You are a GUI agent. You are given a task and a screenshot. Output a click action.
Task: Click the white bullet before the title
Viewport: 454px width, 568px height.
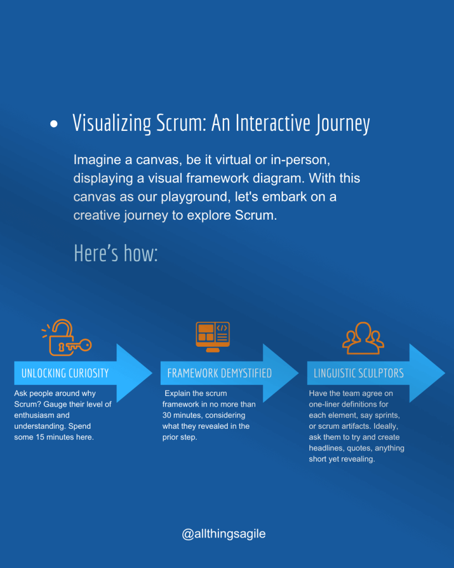click(54, 124)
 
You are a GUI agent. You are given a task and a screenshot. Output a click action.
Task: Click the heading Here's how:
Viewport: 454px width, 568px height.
click(116, 253)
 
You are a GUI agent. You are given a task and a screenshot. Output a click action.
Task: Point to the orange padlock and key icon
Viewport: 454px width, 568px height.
click(67, 338)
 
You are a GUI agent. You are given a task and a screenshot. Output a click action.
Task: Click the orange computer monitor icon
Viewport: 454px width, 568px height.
click(213, 337)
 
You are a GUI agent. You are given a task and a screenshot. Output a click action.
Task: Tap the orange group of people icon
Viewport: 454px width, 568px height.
click(363, 338)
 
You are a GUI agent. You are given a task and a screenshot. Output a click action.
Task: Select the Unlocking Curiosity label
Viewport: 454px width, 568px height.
click(65, 373)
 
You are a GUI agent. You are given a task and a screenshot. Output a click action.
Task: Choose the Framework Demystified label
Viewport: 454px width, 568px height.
click(220, 373)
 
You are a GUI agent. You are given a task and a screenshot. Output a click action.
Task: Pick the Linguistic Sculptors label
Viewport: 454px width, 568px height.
click(359, 373)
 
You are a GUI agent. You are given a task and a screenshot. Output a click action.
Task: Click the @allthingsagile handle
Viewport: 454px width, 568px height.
click(224, 534)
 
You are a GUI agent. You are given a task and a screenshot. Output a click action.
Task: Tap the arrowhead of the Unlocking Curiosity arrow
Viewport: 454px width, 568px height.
click(135, 373)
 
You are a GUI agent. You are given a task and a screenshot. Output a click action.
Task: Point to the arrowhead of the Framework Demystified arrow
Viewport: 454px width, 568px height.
click(281, 373)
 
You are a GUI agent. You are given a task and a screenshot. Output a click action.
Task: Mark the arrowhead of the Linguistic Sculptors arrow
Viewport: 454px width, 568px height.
click(427, 373)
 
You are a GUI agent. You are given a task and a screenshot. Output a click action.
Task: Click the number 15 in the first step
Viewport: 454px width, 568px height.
click(39, 437)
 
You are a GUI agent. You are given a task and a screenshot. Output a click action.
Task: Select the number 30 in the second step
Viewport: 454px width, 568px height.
click(167, 415)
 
